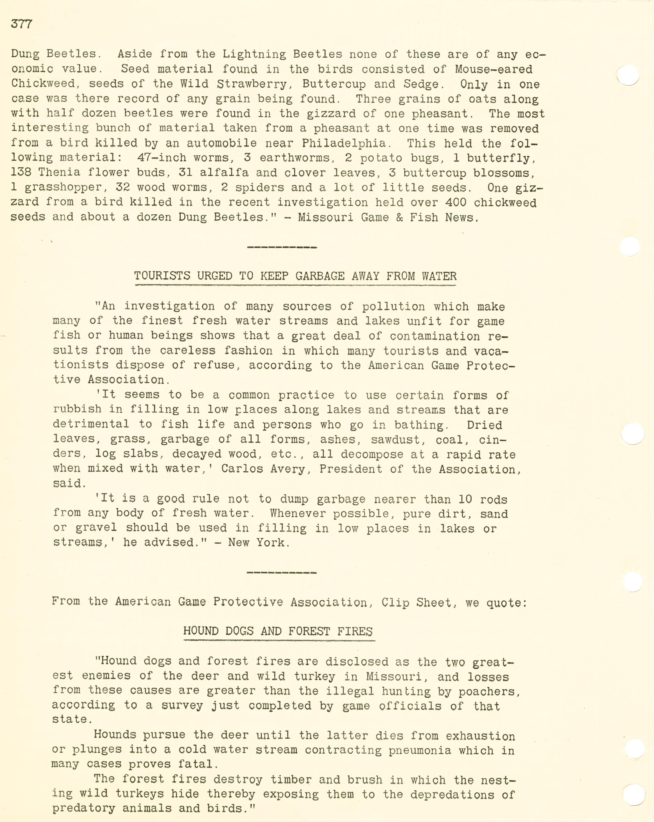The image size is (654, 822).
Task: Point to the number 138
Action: pos(21,172)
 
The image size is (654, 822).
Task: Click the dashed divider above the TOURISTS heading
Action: pos(282,247)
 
